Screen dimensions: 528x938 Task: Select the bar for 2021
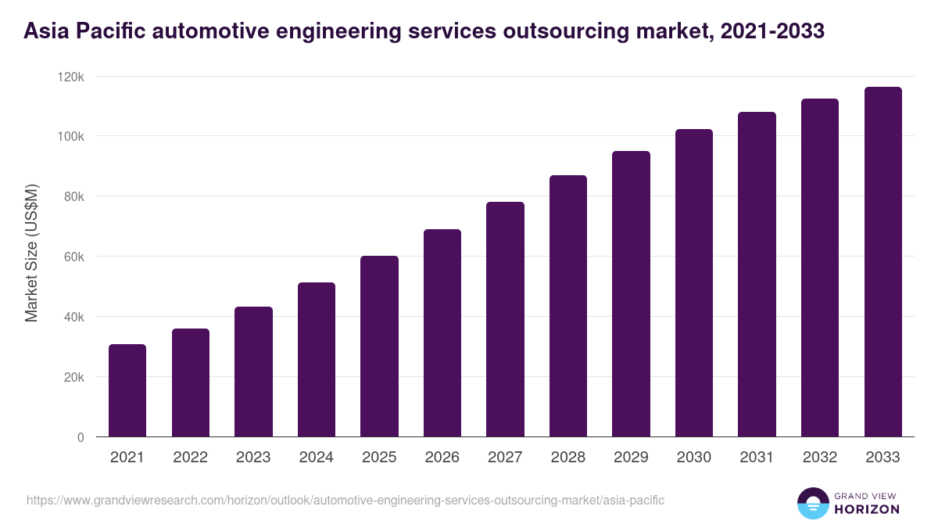(127, 390)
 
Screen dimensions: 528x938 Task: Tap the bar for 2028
(568, 306)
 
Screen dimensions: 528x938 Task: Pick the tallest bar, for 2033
(883, 262)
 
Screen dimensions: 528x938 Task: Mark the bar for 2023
(253, 372)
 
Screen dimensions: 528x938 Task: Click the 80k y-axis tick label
(73, 196)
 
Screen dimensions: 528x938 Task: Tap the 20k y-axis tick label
(73, 377)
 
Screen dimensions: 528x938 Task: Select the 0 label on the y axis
(80, 437)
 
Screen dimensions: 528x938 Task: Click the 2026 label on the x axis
(442, 458)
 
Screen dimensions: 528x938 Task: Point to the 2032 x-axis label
(820, 458)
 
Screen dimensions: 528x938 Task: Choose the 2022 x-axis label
(190, 458)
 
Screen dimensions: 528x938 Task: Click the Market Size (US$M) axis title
(31, 253)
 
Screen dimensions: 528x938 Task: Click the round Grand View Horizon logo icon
(812, 503)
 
